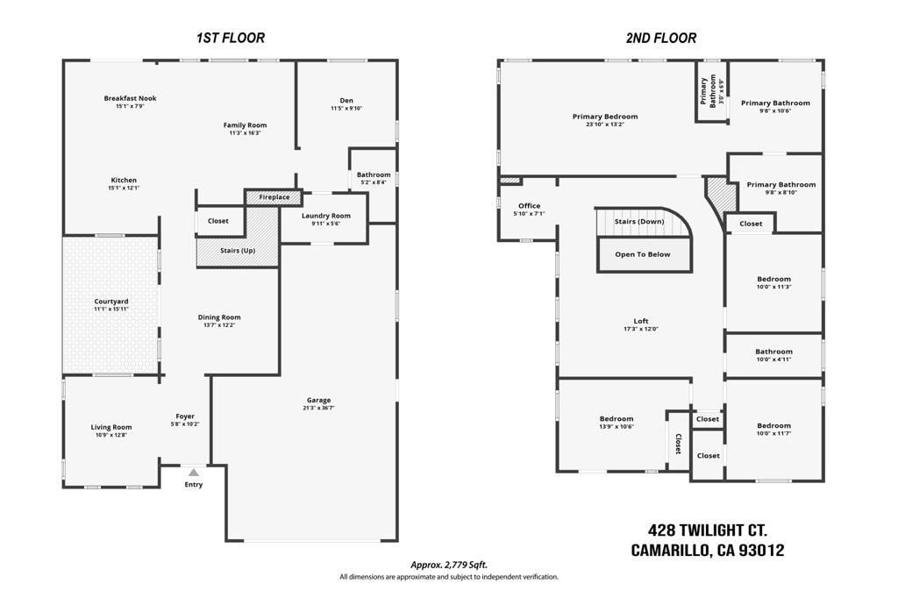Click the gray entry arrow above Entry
coord(194,473)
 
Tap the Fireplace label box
coord(274,197)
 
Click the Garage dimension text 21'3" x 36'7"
coord(318,408)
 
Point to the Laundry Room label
coord(326,216)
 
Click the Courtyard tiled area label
coord(111,302)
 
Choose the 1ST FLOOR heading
coord(231,38)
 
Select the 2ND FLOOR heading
coord(661,38)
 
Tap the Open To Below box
coord(643,254)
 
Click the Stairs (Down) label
coord(639,221)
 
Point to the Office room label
coord(529,206)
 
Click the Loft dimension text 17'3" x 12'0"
coord(641,329)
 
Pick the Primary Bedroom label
coord(605,117)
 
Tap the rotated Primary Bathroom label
coord(708,90)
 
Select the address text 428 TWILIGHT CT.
coord(708,530)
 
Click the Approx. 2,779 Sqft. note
coord(449,565)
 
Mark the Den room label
coord(346,100)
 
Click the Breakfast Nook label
coord(130,98)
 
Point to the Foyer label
coord(185,416)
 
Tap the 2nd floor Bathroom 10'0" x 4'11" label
coord(773,355)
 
